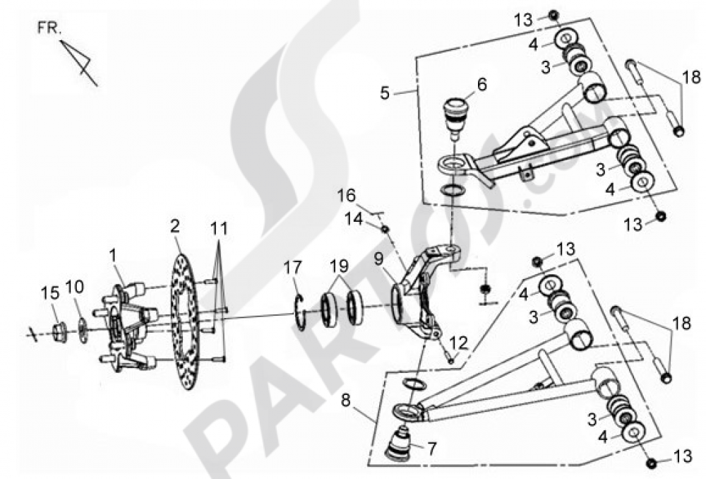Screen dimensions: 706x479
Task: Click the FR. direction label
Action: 49,29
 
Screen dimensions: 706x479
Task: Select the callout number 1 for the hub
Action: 112,256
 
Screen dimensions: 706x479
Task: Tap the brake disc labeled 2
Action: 184,321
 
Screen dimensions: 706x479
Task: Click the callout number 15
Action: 50,293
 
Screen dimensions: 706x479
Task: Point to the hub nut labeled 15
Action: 59,333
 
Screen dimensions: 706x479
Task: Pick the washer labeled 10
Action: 83,331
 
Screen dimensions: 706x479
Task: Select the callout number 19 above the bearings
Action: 340,266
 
